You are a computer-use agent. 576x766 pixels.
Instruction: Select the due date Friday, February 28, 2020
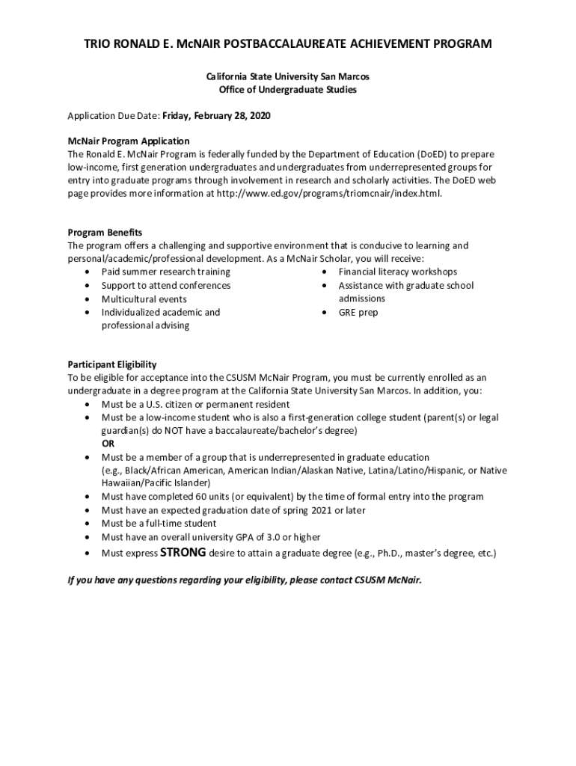(x=216, y=117)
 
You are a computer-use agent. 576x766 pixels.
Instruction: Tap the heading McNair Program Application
(x=129, y=141)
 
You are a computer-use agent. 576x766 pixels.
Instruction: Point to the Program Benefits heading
(x=105, y=232)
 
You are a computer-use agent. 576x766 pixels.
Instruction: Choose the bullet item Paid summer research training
(x=166, y=272)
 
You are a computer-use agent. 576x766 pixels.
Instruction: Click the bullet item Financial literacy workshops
(x=397, y=272)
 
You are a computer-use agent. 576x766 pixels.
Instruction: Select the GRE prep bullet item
(x=358, y=312)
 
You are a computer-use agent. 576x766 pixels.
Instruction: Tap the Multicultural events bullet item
(x=144, y=298)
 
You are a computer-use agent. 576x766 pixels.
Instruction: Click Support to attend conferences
(x=166, y=285)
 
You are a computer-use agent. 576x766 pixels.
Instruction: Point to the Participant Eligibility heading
(x=112, y=364)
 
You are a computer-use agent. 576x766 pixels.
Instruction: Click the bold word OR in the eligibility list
(x=108, y=443)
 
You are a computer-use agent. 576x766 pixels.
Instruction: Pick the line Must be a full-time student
(x=159, y=524)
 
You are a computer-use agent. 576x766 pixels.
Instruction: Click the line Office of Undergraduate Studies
(x=288, y=90)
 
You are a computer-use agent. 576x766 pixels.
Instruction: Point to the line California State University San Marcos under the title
(x=288, y=76)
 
